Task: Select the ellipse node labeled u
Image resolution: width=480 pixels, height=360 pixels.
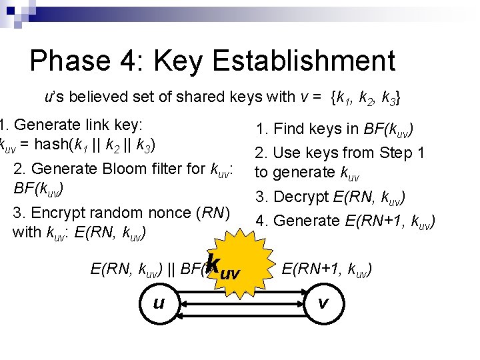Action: [159, 304]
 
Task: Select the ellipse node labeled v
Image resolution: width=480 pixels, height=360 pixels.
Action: [323, 304]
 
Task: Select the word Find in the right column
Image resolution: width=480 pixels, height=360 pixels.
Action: [289, 129]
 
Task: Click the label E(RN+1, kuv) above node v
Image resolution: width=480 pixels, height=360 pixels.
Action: [327, 270]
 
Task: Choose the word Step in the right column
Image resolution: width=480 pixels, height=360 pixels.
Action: [394, 153]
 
